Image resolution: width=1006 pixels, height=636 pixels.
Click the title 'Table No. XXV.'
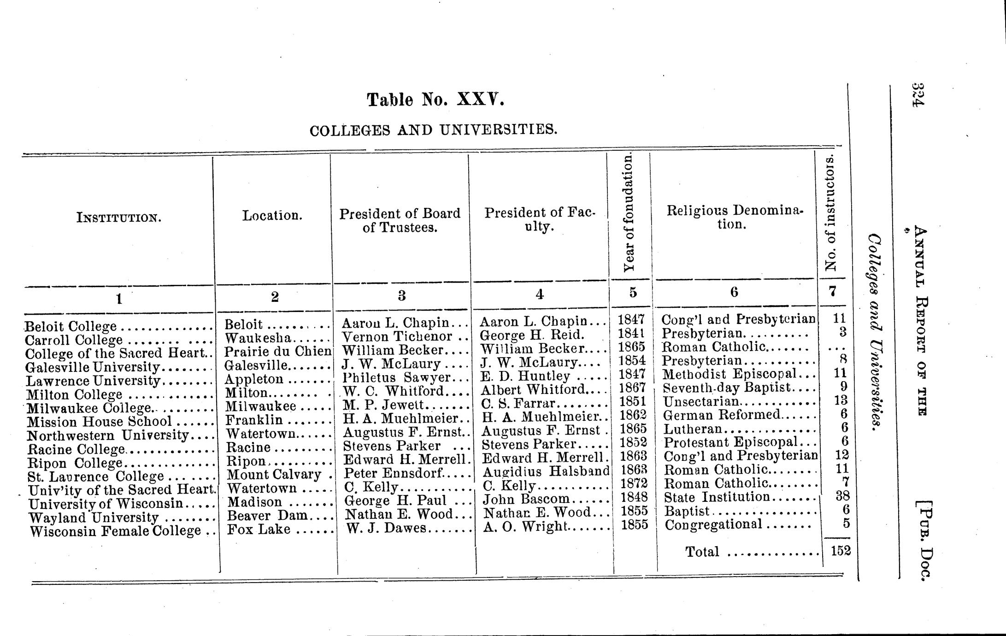click(435, 100)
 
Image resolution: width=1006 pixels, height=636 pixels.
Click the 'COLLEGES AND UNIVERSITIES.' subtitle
click(433, 130)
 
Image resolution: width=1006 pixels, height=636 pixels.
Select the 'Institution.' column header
click(119, 217)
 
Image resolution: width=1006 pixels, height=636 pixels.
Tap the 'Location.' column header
click(272, 215)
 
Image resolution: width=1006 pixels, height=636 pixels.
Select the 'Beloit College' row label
click(71, 327)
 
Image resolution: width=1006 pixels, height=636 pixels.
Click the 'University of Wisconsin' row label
click(106, 504)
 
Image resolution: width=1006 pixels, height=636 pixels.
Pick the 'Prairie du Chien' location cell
click(278, 352)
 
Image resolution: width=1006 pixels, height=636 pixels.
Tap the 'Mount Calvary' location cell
click(274, 474)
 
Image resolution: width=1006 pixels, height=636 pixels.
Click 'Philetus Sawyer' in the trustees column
click(396, 377)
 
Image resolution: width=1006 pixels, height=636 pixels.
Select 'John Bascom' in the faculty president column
click(525, 499)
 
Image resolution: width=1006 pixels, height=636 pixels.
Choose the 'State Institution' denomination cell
click(717, 497)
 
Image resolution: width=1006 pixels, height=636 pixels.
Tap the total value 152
click(841, 550)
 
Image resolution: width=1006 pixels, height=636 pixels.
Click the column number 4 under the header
click(540, 294)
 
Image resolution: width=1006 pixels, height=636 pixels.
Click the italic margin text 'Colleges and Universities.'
click(875, 332)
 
